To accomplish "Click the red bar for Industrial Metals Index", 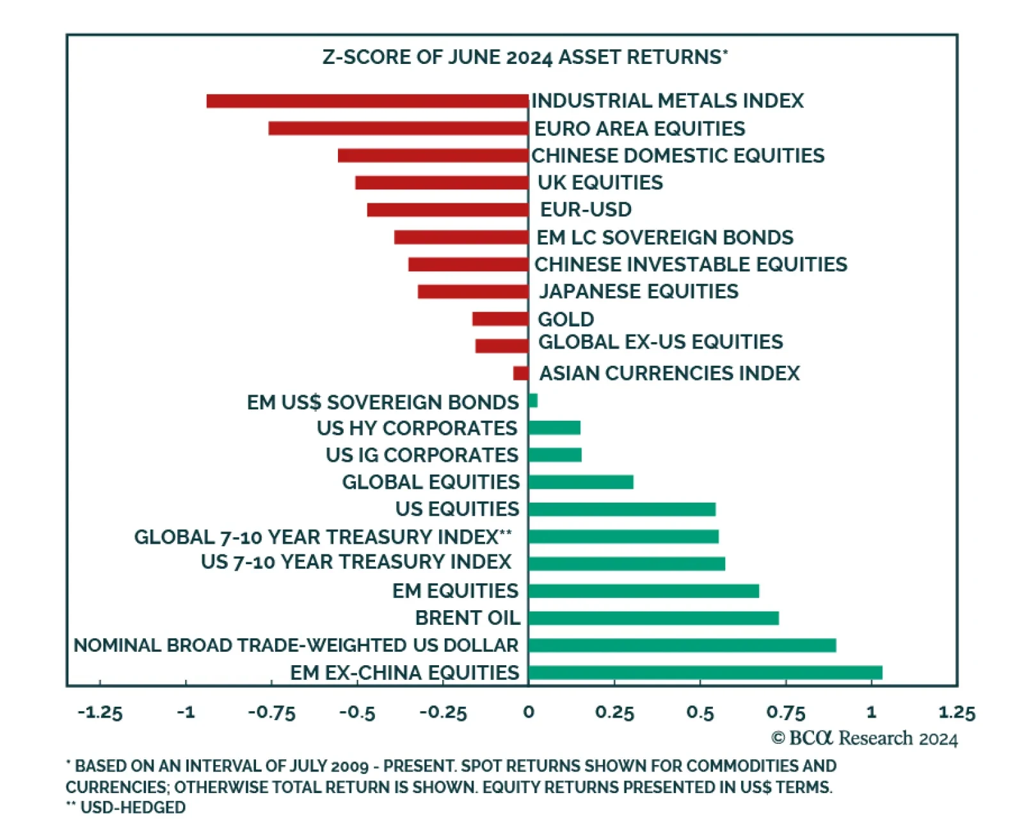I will coord(367,101).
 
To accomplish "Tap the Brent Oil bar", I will coord(653,618).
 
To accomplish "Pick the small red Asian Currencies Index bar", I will coord(521,373).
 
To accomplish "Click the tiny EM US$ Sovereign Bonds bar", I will coord(533,401).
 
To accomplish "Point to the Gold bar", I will coord(500,319).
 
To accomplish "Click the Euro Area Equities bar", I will coord(398,129).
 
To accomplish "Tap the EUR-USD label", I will coord(586,210).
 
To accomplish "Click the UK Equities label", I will coord(600,183).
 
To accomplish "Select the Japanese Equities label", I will coord(638,292).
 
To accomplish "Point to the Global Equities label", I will coord(431,482).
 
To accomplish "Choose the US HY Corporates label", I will coord(417,428).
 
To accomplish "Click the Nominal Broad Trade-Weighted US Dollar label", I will coord(296,645).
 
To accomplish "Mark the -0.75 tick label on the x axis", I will coord(271,713).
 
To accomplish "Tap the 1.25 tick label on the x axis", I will coord(956,713).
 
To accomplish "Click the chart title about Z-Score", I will coord(525,58).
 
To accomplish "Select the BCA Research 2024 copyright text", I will coord(864,738).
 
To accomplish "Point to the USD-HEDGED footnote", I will coord(126,807).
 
